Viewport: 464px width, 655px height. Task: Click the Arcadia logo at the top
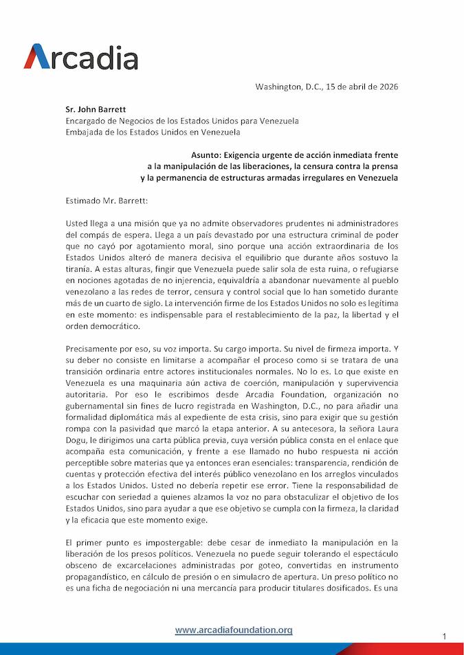(x=81, y=56)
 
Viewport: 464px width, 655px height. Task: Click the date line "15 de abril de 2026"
(x=357, y=87)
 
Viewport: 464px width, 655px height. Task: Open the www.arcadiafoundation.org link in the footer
(x=234, y=630)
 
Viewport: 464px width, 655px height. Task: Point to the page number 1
(x=445, y=637)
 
